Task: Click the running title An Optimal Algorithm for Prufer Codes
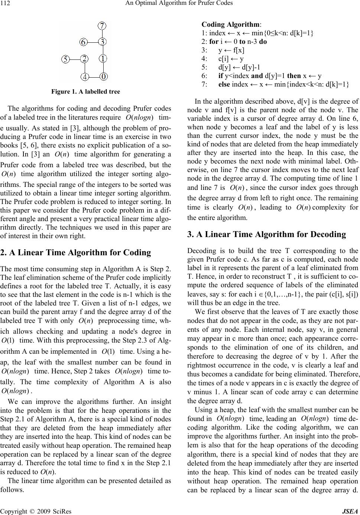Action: [x=180, y=4]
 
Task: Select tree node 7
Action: [x=103, y=25]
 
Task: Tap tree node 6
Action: [x=84, y=42]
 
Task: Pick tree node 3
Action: [x=103, y=42]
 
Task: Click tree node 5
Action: [x=65, y=59]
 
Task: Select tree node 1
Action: [x=103, y=59]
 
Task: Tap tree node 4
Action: [x=85, y=77]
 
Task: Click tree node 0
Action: [x=104, y=77]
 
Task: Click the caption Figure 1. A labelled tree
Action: [x=85, y=91]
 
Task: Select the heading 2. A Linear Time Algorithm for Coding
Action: [x=76, y=253]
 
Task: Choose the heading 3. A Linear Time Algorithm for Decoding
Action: [x=267, y=234]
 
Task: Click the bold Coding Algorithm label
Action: [x=231, y=25]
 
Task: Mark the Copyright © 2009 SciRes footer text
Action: [x=36, y=511]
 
